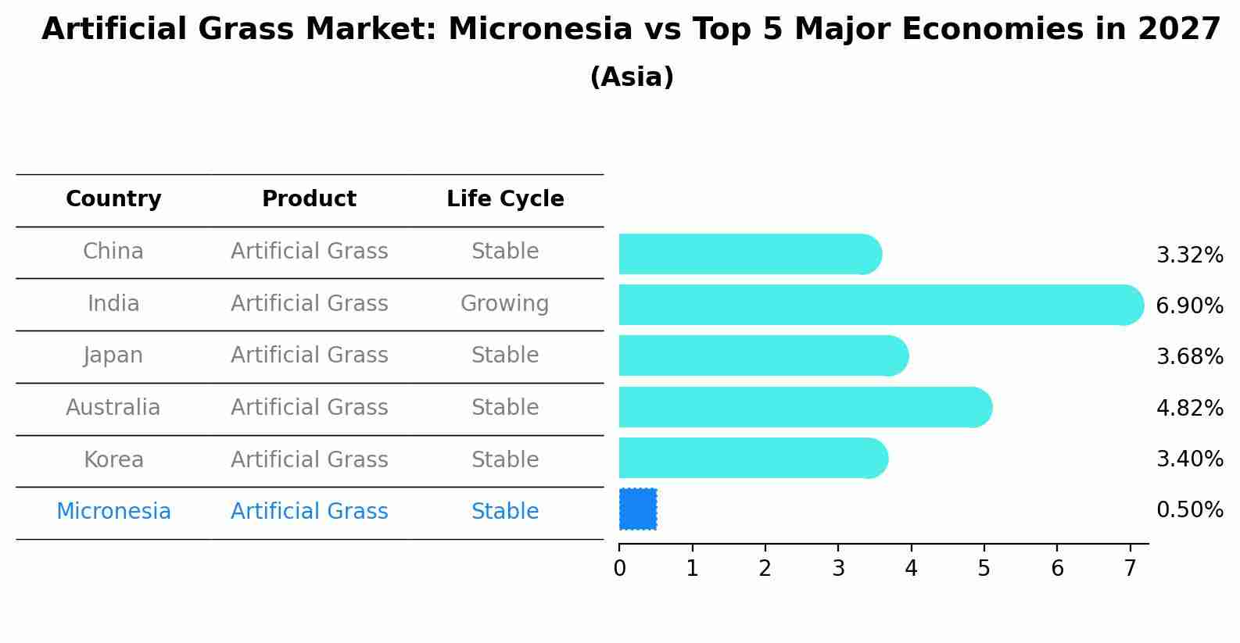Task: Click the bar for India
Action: point(881,305)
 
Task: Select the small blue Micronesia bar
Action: point(638,509)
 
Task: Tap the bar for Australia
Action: point(805,407)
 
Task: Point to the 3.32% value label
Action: point(1190,255)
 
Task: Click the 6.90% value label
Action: point(1190,305)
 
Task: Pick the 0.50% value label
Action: point(1190,509)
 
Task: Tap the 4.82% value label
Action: point(1190,408)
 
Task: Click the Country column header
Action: point(113,198)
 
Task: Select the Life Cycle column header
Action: point(505,198)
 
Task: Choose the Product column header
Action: point(309,198)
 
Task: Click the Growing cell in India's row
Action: point(505,304)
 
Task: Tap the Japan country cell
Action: point(113,355)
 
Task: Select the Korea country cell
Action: point(113,459)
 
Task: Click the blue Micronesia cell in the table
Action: point(113,511)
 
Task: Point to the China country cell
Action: point(113,252)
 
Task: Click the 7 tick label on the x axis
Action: point(1130,568)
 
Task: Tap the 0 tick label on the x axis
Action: point(619,568)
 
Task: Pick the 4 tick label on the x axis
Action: point(911,568)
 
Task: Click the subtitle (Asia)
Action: point(632,77)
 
